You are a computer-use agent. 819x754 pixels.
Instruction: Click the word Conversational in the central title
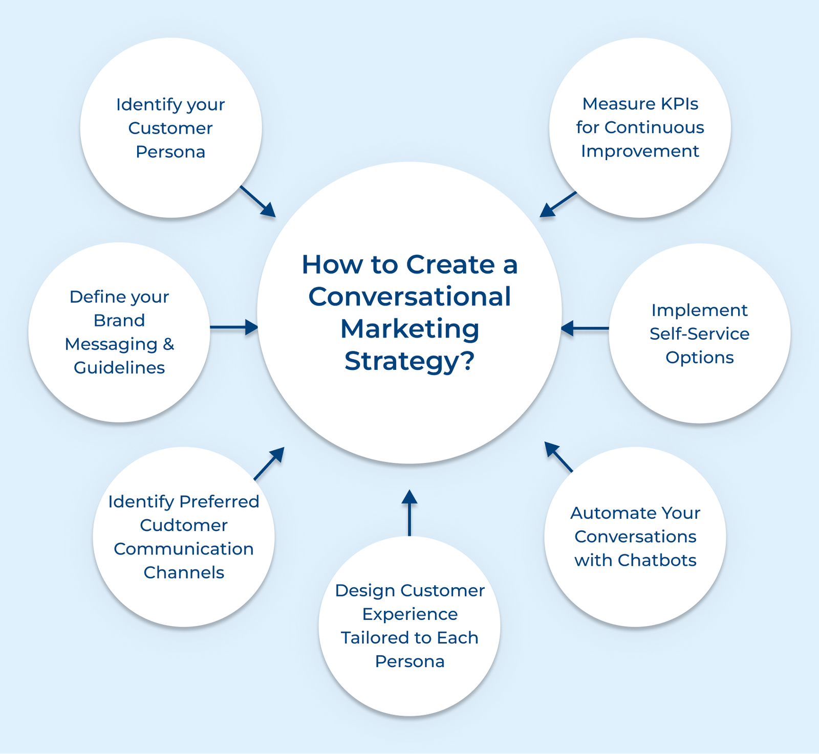tap(409, 297)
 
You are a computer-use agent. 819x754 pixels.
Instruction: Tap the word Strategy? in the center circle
tap(409, 361)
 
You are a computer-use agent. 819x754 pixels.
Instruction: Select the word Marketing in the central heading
tap(409, 329)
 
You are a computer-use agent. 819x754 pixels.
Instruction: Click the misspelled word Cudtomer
tap(184, 525)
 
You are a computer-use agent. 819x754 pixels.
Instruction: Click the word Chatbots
tap(657, 560)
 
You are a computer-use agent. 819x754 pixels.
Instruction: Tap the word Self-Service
tap(699, 334)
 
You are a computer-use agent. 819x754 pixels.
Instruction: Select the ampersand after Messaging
tap(168, 344)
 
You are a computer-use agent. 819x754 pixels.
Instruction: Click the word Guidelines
tap(119, 368)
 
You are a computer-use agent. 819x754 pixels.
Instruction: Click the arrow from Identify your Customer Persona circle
tap(257, 201)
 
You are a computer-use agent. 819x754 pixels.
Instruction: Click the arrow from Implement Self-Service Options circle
tap(585, 328)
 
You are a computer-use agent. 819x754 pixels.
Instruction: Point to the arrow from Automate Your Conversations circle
tap(558, 457)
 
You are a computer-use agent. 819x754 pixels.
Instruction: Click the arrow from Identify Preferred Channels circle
tap(269, 463)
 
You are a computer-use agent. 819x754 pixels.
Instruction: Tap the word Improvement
tap(640, 151)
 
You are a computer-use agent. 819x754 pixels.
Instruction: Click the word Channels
tap(184, 572)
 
